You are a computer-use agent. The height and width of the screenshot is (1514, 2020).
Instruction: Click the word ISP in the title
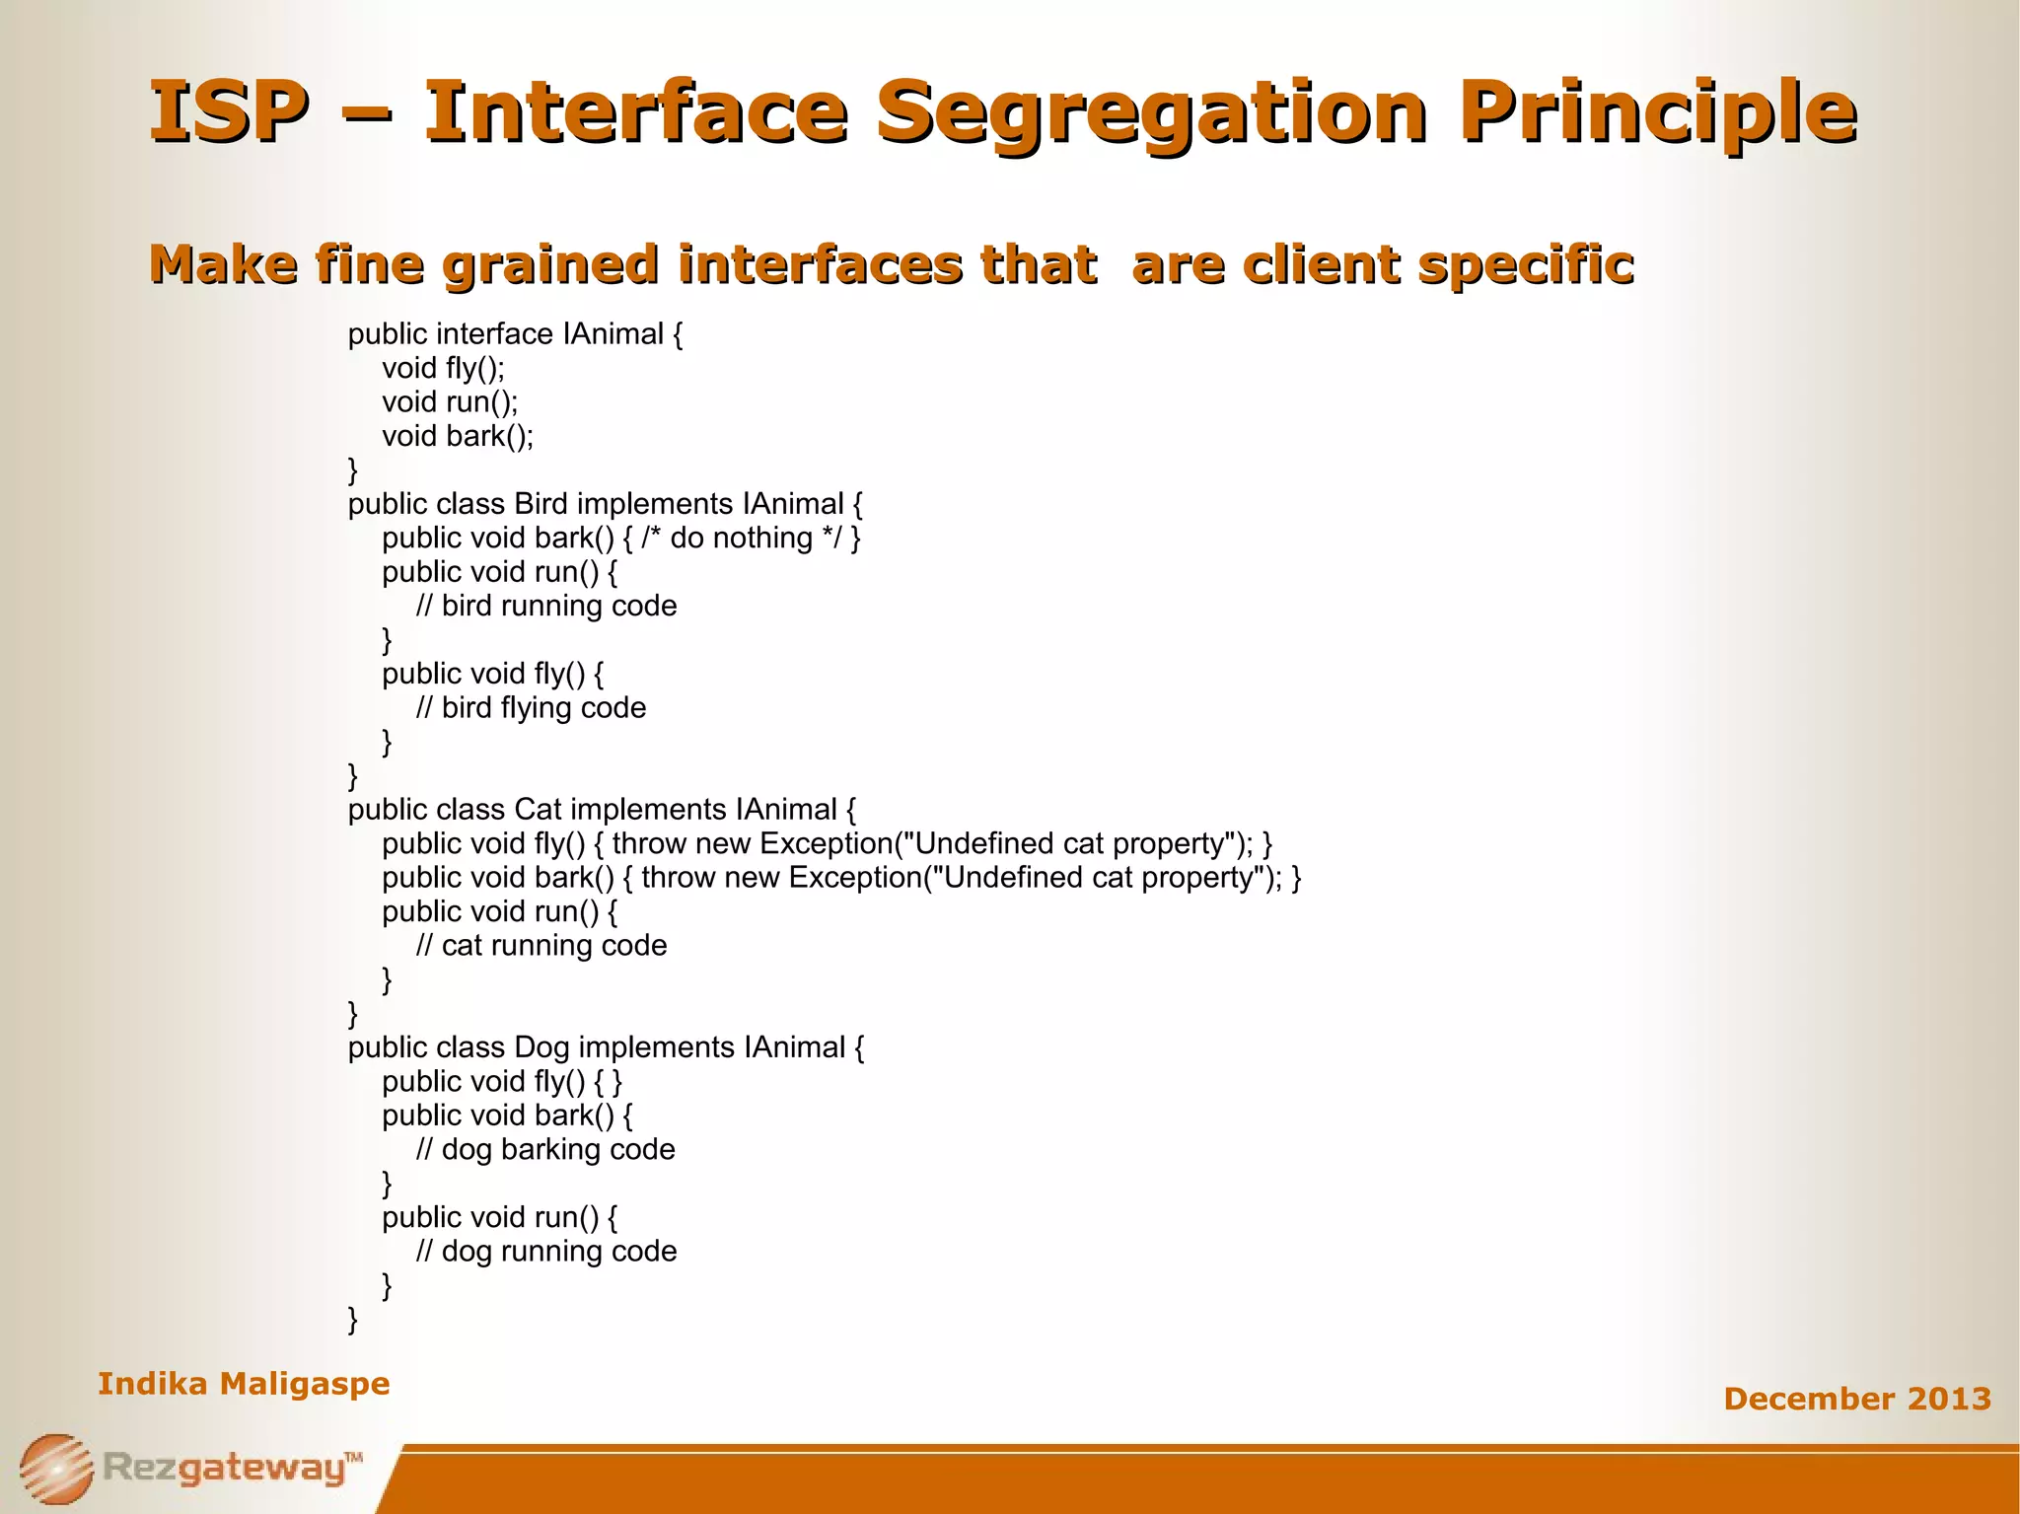click(228, 110)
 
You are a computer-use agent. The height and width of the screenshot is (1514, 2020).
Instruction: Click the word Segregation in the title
click(1151, 110)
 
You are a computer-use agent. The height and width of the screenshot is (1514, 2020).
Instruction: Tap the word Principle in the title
click(1657, 110)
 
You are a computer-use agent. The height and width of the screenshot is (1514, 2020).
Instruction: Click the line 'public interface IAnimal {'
click(515, 334)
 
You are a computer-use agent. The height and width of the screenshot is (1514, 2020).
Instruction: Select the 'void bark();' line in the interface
click(458, 436)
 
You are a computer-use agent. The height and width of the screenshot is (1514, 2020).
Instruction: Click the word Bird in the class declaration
click(541, 504)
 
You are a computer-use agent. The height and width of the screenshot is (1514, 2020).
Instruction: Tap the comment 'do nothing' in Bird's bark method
click(741, 539)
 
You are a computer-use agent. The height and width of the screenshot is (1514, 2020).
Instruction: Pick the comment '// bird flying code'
click(531, 708)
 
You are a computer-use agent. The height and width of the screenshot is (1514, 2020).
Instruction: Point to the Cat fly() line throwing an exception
click(827, 844)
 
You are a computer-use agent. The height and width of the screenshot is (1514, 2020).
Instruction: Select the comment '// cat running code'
click(541, 946)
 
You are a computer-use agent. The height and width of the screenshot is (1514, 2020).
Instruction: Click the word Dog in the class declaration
click(541, 1047)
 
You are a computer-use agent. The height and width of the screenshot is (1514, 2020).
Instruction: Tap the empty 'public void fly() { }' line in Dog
click(502, 1082)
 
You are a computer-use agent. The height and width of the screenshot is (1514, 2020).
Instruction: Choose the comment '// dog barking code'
click(545, 1150)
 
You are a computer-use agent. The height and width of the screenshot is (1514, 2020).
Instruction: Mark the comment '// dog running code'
click(545, 1252)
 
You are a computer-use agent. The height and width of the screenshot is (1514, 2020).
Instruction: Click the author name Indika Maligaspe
click(244, 1384)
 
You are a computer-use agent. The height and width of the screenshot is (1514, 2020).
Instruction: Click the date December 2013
click(1856, 1399)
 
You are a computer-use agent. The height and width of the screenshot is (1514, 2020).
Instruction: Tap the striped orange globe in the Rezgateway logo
click(56, 1469)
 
